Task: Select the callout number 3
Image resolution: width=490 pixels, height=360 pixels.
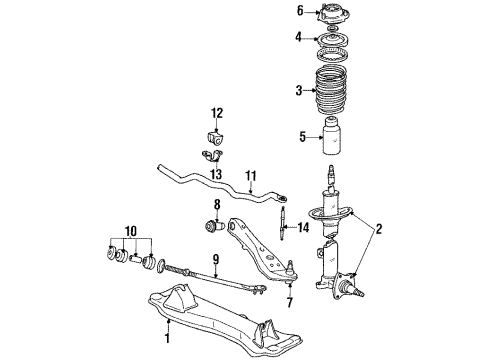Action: (x=298, y=91)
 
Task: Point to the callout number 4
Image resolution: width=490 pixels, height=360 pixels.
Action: (x=298, y=39)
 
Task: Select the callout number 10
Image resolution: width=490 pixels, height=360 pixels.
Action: (x=130, y=232)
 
